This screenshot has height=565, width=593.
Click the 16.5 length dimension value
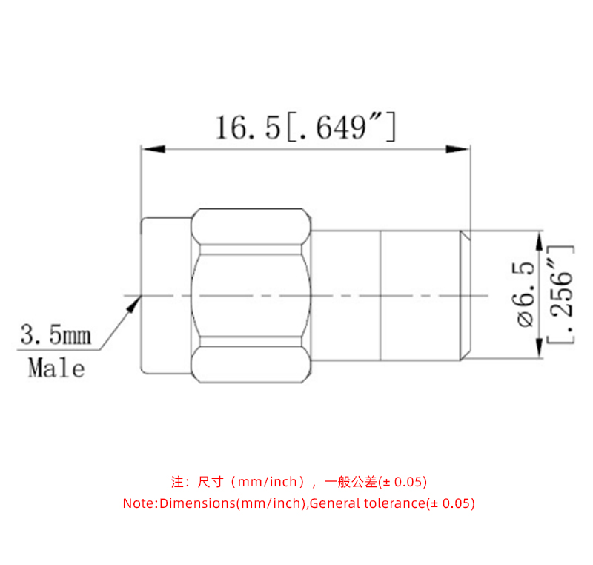248,128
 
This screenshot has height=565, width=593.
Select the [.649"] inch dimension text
340,128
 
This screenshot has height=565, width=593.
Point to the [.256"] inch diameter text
561,294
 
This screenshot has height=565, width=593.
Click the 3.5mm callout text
55,335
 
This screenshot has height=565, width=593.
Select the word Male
56,367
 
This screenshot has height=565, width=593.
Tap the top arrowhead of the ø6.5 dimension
539,239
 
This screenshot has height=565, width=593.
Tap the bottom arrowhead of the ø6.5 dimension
539,349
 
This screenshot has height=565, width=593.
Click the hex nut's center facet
251,294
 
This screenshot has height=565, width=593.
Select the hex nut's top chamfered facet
251,226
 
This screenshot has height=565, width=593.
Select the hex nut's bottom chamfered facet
251,364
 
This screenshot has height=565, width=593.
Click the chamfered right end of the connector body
466,294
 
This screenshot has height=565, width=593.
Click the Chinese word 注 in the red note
177,482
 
